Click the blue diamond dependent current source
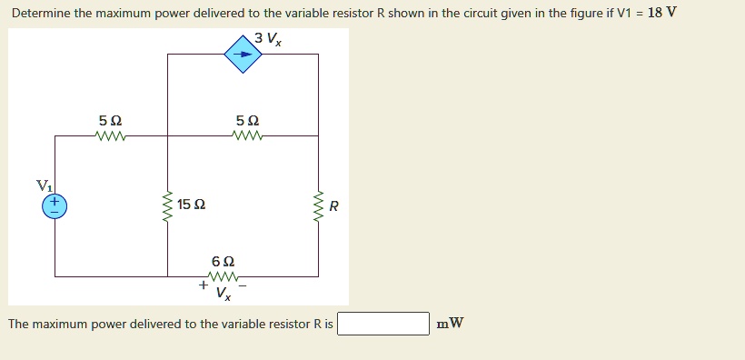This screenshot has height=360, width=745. [243, 54]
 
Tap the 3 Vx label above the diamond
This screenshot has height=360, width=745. [268, 38]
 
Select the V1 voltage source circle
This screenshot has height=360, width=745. [55, 205]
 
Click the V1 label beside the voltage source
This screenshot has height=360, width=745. [44, 185]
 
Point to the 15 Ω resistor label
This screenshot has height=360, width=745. [192, 205]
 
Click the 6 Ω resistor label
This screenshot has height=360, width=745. [223, 261]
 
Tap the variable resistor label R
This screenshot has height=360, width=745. [333, 206]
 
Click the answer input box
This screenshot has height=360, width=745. [383, 324]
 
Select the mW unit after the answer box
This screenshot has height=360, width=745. [450, 324]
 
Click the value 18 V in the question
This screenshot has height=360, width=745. [662, 14]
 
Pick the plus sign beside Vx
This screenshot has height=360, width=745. [203, 285]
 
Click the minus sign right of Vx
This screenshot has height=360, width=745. [242, 285]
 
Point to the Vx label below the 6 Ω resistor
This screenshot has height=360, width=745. [223, 293]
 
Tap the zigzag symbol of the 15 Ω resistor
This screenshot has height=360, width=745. [167, 206]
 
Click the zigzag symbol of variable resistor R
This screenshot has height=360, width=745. [318, 206]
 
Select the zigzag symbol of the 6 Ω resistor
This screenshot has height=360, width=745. [223, 276]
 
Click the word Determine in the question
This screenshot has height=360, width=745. [42, 14]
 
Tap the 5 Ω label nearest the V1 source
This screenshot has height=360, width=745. [110, 121]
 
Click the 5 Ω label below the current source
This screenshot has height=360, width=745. [247, 121]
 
